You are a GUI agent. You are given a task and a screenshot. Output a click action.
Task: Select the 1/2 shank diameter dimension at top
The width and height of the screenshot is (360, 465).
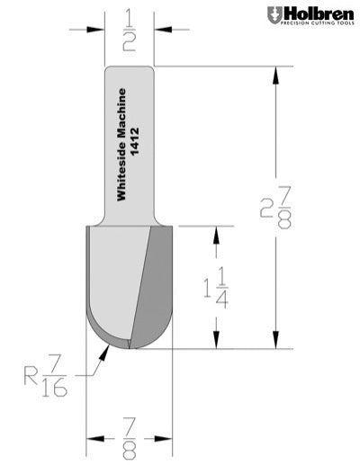pyautogui.click(x=130, y=29)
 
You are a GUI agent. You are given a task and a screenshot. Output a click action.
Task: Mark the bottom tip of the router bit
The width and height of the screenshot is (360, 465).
pyautogui.click(x=130, y=348)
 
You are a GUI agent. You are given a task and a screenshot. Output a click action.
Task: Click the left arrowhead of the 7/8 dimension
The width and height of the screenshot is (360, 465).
pyautogui.click(x=92, y=440)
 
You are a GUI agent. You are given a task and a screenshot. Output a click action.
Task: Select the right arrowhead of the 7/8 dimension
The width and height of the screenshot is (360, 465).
pyautogui.click(x=168, y=440)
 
